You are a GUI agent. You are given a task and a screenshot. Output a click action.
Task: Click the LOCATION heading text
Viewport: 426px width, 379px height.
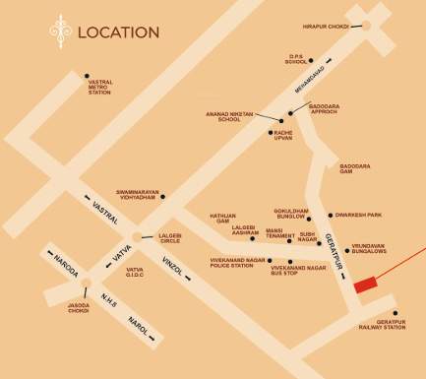(x=118, y=32)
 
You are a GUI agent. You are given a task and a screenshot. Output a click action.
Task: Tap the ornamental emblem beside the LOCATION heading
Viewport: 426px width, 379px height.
(x=61, y=32)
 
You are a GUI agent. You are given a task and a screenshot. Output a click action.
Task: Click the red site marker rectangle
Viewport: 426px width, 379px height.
(x=365, y=284)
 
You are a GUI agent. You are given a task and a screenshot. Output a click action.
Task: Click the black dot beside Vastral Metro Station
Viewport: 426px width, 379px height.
(x=87, y=76)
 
